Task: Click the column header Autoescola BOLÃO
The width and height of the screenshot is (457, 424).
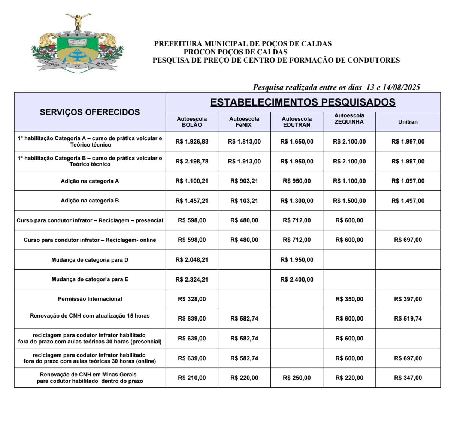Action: [192, 121]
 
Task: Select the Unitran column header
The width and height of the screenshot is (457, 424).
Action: [408, 122]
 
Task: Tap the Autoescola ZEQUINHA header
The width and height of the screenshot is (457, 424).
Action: [349, 118]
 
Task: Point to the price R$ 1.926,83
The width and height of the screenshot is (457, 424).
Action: [192, 142]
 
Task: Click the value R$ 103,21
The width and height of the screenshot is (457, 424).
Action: [244, 201]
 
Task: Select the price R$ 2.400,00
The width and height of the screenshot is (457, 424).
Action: [297, 279]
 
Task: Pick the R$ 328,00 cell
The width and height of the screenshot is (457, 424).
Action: [192, 299]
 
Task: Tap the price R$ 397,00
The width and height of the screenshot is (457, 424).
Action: [408, 299]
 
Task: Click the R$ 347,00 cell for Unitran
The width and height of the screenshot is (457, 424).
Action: [408, 378]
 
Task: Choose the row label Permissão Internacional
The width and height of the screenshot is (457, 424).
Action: [90, 299]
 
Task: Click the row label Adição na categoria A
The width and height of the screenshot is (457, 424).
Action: [90, 181]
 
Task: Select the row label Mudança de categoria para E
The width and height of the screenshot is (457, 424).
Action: [90, 279]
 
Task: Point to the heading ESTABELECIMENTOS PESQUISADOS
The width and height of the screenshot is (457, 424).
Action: [303, 102]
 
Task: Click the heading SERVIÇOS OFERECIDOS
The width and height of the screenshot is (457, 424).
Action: [90, 112]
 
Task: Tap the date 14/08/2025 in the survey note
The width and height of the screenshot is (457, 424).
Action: [402, 87]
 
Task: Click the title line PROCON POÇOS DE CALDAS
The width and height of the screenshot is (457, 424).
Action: [236, 52]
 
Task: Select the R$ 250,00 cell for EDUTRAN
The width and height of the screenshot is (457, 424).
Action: [297, 378]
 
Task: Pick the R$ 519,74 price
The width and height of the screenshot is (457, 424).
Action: [408, 319]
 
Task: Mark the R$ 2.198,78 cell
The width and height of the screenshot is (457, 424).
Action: [192, 162]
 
